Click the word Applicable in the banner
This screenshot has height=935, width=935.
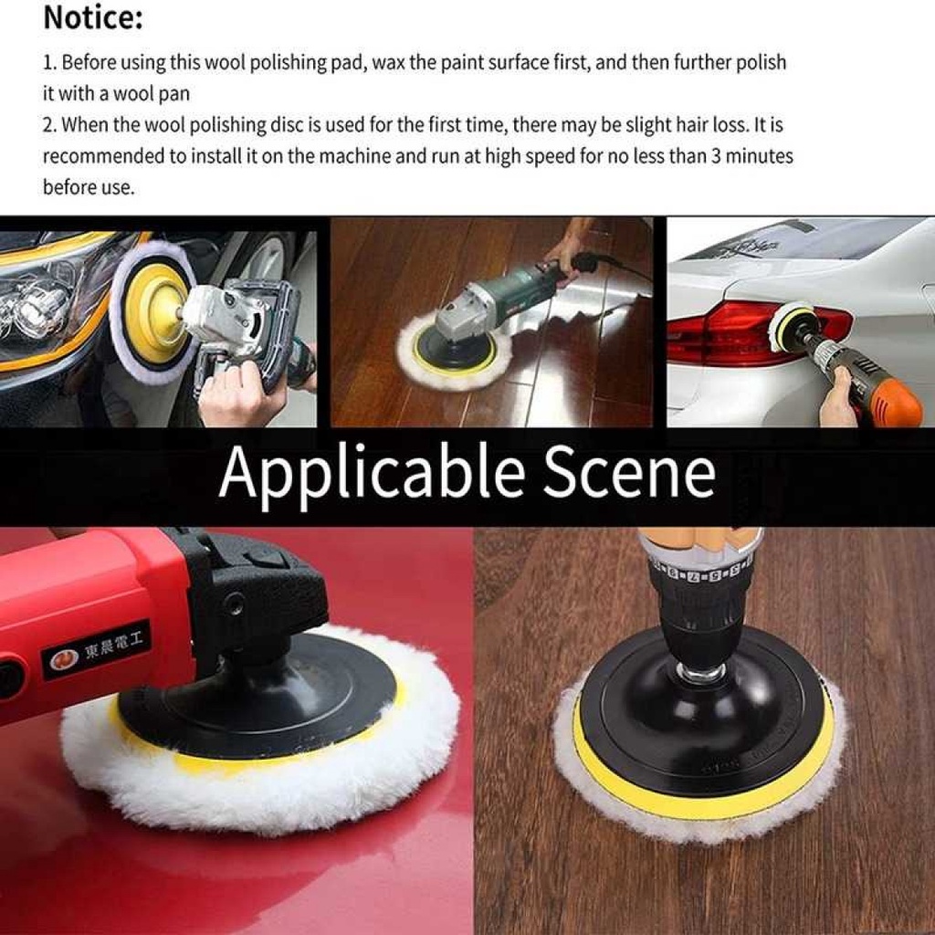click(x=371, y=473)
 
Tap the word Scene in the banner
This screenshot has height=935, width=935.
click(x=628, y=473)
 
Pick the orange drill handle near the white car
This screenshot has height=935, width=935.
click(x=893, y=402)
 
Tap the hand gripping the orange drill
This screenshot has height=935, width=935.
click(x=838, y=402)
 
